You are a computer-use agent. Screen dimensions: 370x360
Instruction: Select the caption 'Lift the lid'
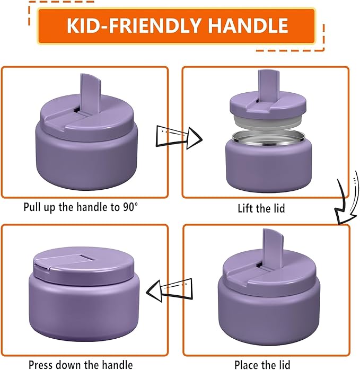tap(261, 208)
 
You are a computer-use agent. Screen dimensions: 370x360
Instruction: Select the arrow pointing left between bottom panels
tap(168, 290)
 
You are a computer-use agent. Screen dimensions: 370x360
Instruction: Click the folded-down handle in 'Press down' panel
tap(61, 262)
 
